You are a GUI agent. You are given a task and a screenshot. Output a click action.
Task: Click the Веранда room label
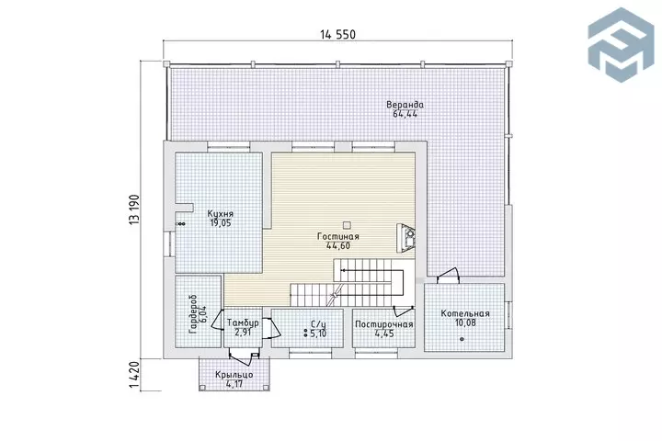(x=405, y=104)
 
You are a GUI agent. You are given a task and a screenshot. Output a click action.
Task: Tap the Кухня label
(x=221, y=214)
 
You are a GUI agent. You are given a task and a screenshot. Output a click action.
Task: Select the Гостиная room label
(x=338, y=236)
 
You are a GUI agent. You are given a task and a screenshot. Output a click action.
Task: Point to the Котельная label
(x=465, y=313)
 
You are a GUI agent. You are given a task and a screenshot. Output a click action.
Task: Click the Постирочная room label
(x=384, y=324)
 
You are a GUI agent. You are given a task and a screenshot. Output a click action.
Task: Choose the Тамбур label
(x=243, y=322)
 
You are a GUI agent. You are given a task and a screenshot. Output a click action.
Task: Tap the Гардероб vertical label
(x=193, y=315)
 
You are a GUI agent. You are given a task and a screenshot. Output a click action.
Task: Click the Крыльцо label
(x=234, y=375)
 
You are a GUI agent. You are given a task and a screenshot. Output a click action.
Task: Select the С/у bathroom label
(x=318, y=324)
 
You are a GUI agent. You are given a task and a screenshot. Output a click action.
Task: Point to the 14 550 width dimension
(x=337, y=35)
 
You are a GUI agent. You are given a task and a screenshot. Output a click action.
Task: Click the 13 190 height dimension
(x=134, y=209)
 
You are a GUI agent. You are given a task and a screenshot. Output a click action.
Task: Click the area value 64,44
(x=405, y=114)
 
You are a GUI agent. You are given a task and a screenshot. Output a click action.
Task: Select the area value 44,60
(x=338, y=245)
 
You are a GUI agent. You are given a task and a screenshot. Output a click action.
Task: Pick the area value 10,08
(x=465, y=322)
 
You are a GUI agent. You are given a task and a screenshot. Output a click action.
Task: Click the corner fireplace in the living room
(x=406, y=239)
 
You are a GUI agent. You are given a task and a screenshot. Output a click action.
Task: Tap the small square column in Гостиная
(x=347, y=224)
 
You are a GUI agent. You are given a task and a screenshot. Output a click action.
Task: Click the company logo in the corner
(x=621, y=44)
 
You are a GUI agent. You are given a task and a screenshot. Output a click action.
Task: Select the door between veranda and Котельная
(x=449, y=276)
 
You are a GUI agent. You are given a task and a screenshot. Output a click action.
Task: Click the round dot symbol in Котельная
(x=462, y=339)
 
